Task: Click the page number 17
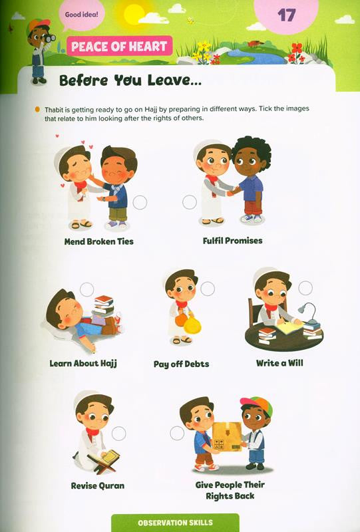click(x=285, y=15)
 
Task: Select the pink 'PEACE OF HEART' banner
click(x=120, y=47)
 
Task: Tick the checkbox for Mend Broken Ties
click(x=140, y=203)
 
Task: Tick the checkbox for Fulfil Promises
click(x=190, y=202)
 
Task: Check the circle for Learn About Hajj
click(x=86, y=288)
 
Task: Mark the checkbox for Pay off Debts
click(x=208, y=289)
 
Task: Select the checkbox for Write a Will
click(x=305, y=288)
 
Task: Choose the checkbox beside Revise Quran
click(x=118, y=434)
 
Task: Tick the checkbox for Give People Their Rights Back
click(x=177, y=433)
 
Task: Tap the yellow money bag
click(x=190, y=327)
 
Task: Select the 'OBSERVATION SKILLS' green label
click(x=175, y=523)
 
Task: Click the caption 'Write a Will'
click(x=279, y=364)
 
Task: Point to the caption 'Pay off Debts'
click(x=181, y=364)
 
